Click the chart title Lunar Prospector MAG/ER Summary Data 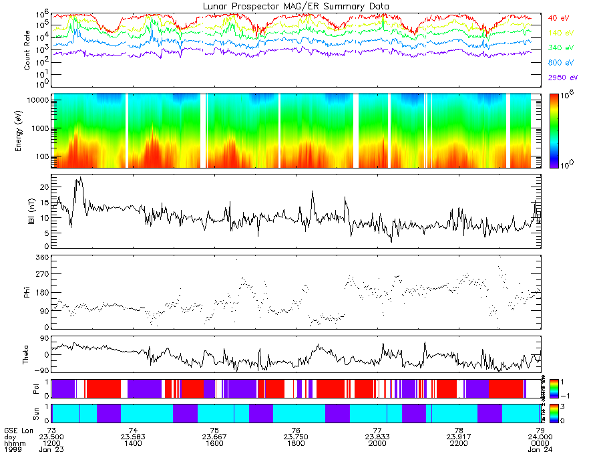pos(296,6)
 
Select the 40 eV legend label pos(556,18)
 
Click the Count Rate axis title pos(27,52)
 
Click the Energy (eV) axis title pos(27,130)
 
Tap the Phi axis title pos(27,291)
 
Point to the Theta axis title pos(27,353)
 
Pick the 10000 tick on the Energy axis pos(37,100)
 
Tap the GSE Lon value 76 pos(296,430)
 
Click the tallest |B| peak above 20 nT pos(81,178)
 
